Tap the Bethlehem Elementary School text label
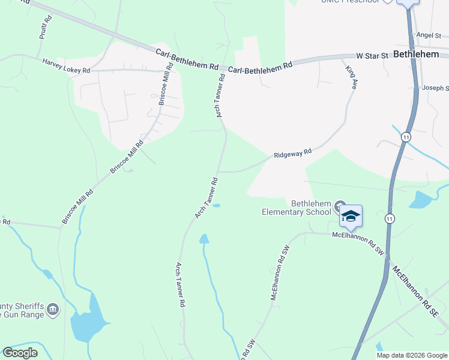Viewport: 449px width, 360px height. [297, 208]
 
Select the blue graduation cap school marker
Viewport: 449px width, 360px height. [351, 217]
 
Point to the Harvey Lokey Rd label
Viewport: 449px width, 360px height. [66, 66]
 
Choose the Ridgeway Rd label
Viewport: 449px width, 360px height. [293, 154]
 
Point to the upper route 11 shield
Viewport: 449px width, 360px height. [406, 137]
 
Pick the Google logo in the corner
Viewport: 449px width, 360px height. [20, 353]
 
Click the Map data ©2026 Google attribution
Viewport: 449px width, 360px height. [412, 355]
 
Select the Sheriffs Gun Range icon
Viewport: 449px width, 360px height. [53, 310]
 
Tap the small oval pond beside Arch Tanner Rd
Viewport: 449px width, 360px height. [215, 206]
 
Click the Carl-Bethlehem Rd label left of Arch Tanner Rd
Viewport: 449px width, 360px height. [187, 59]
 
